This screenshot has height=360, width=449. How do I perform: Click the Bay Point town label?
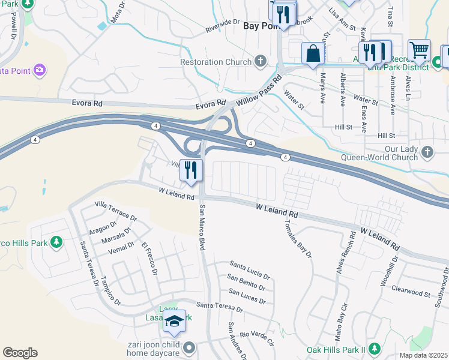(259, 26)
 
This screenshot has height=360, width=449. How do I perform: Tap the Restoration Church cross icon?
(260, 61)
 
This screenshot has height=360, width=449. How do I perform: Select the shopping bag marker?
(313, 53)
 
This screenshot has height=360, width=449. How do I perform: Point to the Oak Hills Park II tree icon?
(375, 349)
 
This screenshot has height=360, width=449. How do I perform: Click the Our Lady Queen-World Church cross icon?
(427, 151)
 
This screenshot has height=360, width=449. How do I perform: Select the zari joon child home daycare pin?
(189, 347)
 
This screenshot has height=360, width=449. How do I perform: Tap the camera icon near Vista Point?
(40, 70)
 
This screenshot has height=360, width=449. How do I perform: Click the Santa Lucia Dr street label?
(250, 268)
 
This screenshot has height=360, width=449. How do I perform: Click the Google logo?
(20, 353)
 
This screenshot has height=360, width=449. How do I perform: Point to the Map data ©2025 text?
(423, 355)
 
